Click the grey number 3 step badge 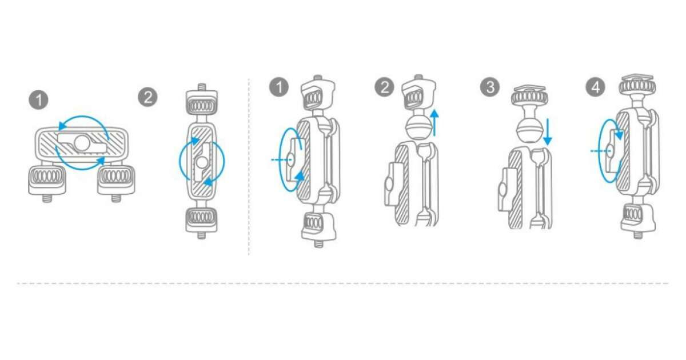[490, 87]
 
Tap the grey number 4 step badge [595, 87]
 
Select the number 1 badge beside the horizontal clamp [39, 100]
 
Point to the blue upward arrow [434, 123]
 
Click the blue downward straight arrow [548, 132]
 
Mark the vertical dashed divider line [249, 167]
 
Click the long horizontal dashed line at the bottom [343, 283]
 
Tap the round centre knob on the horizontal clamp [82, 143]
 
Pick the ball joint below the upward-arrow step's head [418, 129]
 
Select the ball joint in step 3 [529, 130]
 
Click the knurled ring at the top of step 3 [529, 98]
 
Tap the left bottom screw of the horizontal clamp [47, 198]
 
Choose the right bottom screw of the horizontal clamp [115, 198]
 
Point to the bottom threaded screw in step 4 [638, 235]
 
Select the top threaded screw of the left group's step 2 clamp [201, 87]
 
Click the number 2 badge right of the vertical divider [384, 87]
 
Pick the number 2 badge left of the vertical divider [147, 97]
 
